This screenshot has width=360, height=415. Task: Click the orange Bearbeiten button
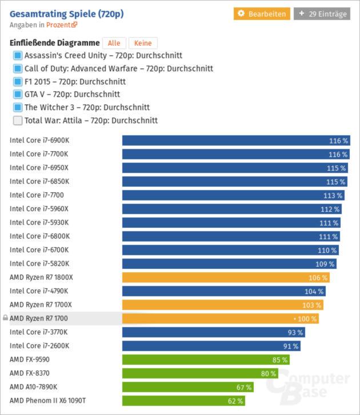click(x=262, y=14)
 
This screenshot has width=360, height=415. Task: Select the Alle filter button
click(x=114, y=43)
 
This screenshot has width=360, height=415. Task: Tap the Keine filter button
click(x=143, y=43)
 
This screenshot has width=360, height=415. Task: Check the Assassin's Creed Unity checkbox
click(x=18, y=55)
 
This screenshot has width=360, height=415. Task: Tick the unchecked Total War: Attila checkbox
click(x=18, y=120)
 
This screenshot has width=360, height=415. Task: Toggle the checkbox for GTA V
click(x=18, y=94)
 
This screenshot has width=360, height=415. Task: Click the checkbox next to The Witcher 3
click(x=18, y=107)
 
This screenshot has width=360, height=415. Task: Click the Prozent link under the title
click(x=61, y=25)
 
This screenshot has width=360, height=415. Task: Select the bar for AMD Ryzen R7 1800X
click(x=226, y=277)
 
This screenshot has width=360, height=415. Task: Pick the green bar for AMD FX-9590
click(x=206, y=360)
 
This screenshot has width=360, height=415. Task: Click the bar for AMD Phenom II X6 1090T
click(x=183, y=401)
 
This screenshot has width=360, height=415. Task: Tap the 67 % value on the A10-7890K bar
click(x=244, y=387)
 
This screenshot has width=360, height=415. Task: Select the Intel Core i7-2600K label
click(x=39, y=346)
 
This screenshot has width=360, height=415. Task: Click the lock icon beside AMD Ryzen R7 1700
click(x=5, y=318)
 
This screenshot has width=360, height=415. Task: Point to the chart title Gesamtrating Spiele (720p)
click(x=66, y=14)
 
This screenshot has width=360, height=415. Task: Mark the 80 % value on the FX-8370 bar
click(x=269, y=373)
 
